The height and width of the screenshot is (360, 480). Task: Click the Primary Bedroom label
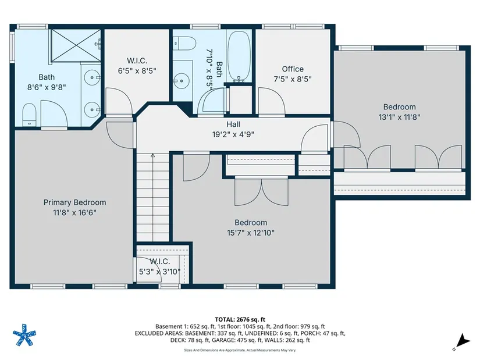74,202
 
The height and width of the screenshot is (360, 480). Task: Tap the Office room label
293,69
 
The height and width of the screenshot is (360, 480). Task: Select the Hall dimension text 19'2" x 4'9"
233,134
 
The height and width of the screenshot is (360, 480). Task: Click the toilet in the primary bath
30,115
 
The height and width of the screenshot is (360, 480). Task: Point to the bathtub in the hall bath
239,56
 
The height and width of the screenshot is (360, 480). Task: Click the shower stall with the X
76,45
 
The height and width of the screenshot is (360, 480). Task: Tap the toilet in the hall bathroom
184,44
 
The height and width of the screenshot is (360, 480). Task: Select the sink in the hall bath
181,81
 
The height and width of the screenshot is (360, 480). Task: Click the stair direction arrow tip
153,154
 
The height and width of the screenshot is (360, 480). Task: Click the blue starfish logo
24,334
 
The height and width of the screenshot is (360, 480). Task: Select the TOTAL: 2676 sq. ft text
240,320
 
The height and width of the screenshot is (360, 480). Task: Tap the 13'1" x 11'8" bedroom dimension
400,117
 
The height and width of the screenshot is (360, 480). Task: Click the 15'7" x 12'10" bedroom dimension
251,233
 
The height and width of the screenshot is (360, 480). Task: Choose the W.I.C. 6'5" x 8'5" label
137,66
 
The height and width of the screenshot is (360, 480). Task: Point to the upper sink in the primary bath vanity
93,78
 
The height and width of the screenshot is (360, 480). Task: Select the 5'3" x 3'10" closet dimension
160,272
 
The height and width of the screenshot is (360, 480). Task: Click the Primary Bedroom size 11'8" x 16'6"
74,212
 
